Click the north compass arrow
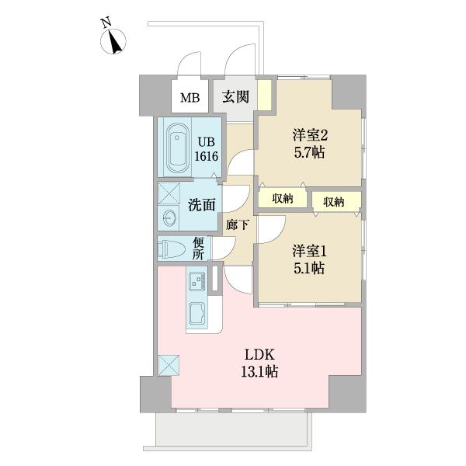pos(115,40)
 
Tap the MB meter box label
pos(190,98)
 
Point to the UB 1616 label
pos(206,148)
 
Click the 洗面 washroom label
pos(201,205)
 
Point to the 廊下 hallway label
pos(237,224)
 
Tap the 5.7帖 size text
pos(308,152)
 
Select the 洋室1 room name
pos(308,251)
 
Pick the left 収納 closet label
pos(283,198)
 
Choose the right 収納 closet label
pos(334,201)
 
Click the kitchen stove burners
pos(196,280)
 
